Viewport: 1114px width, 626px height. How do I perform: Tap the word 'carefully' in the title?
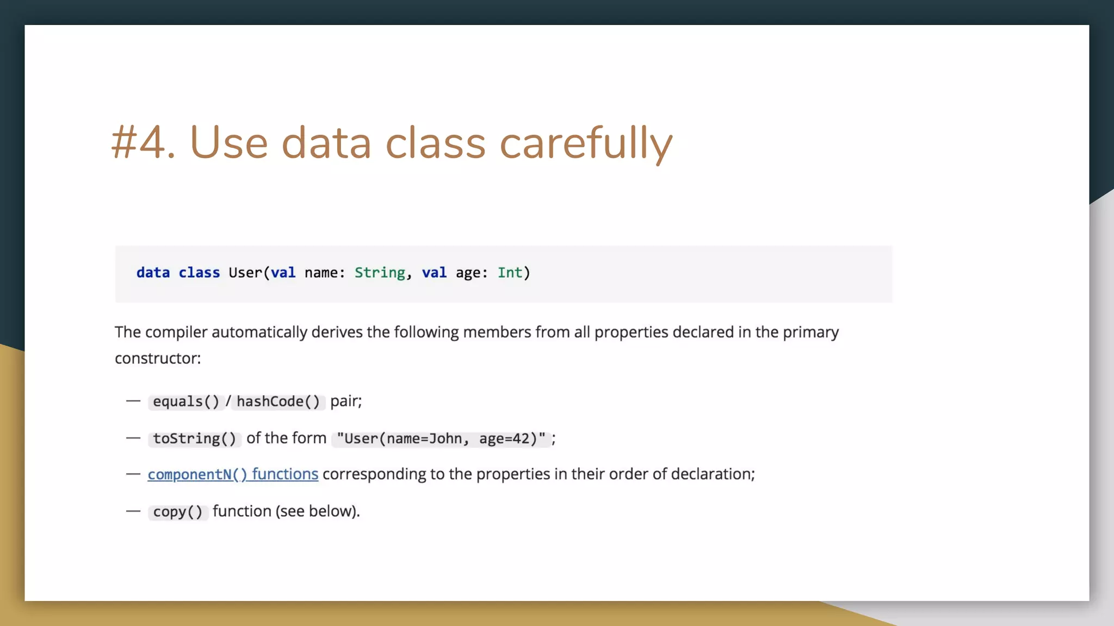tap(586, 143)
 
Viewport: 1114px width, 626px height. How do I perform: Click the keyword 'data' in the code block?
tap(153, 273)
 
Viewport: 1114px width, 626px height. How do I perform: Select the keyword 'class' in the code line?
tap(199, 273)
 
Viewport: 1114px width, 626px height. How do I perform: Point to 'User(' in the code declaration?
tap(249, 273)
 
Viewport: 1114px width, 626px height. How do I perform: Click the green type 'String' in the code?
tap(380, 273)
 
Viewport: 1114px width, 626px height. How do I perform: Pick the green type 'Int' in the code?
tap(510, 273)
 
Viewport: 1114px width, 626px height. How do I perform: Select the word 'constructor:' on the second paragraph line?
tap(158, 359)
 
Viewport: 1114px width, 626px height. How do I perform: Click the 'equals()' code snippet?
tap(185, 402)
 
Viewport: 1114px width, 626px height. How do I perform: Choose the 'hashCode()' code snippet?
tap(278, 402)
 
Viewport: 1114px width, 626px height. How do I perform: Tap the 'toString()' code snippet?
tap(194, 439)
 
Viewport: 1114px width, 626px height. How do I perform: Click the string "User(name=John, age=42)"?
tap(441, 439)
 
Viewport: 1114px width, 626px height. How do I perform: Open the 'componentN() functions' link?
tap(233, 474)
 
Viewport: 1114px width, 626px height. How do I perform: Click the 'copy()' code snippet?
tap(178, 512)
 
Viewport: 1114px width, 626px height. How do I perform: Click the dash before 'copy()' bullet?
tap(133, 511)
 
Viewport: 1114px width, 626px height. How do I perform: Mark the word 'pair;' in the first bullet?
tap(346, 402)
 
